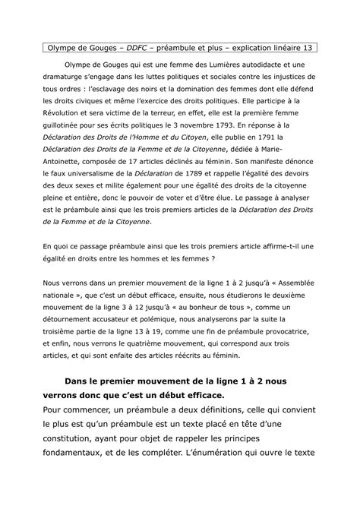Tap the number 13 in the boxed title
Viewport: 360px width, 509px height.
(x=308, y=48)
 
